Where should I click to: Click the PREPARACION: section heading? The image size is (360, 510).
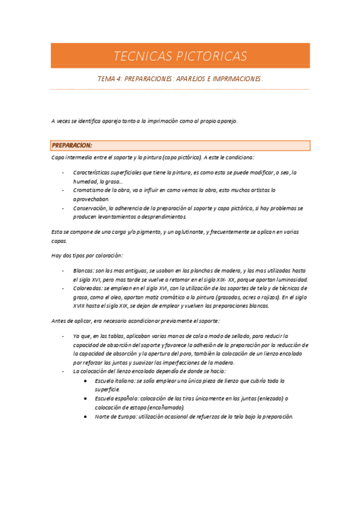(72, 146)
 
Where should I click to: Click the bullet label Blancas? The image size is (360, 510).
(84, 271)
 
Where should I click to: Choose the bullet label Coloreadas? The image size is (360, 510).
(87, 288)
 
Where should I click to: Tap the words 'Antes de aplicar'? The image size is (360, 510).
(70, 321)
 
